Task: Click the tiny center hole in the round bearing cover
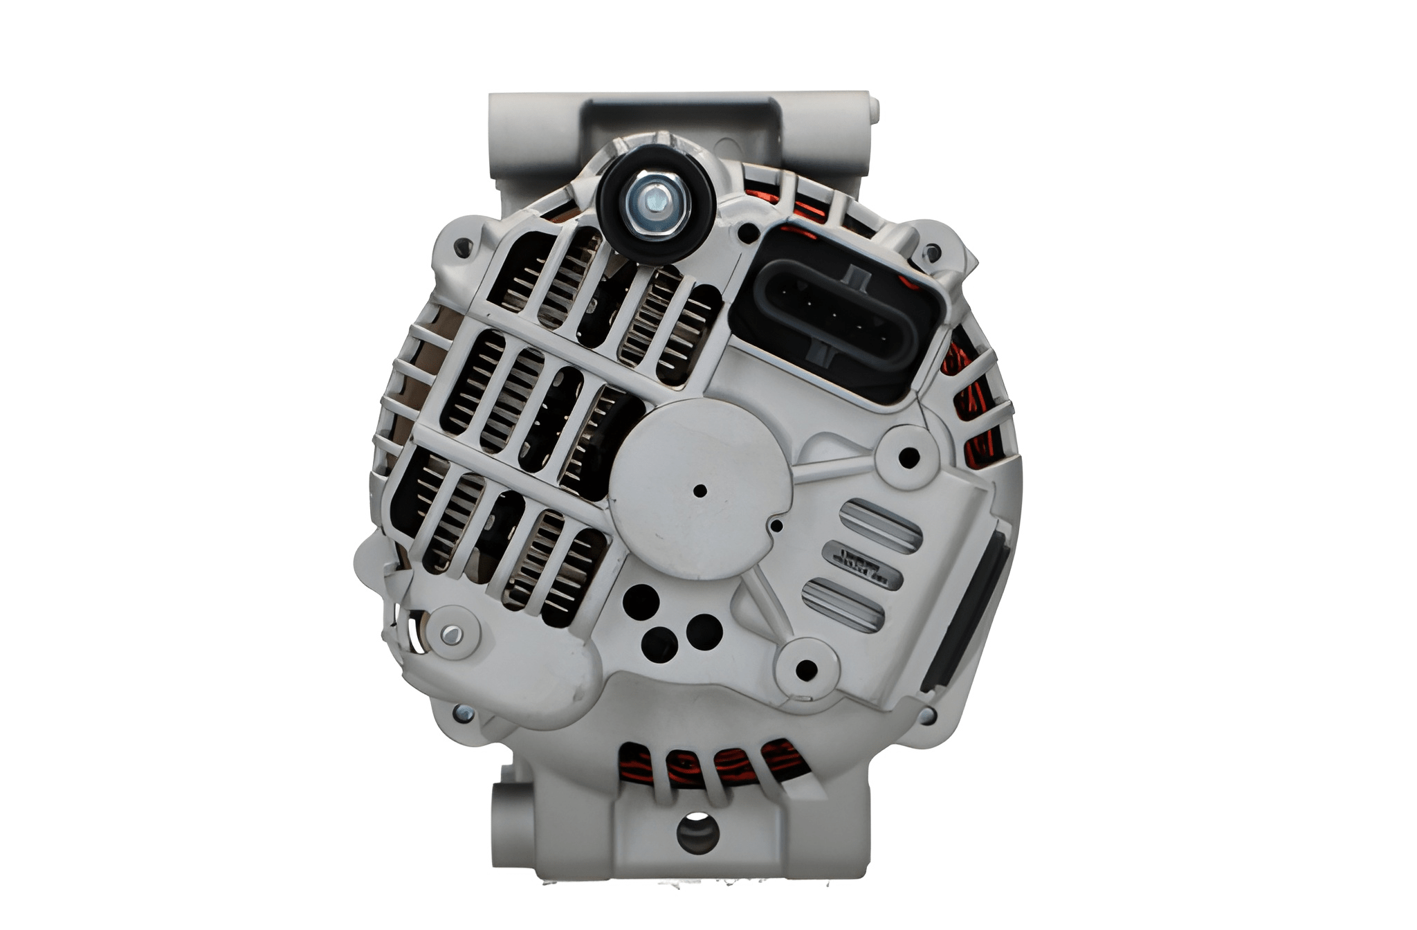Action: click(700, 491)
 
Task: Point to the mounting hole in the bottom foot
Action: click(697, 835)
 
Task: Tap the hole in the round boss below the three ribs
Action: click(807, 669)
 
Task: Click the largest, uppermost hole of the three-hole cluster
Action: click(641, 601)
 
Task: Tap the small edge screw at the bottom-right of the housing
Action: click(926, 714)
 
